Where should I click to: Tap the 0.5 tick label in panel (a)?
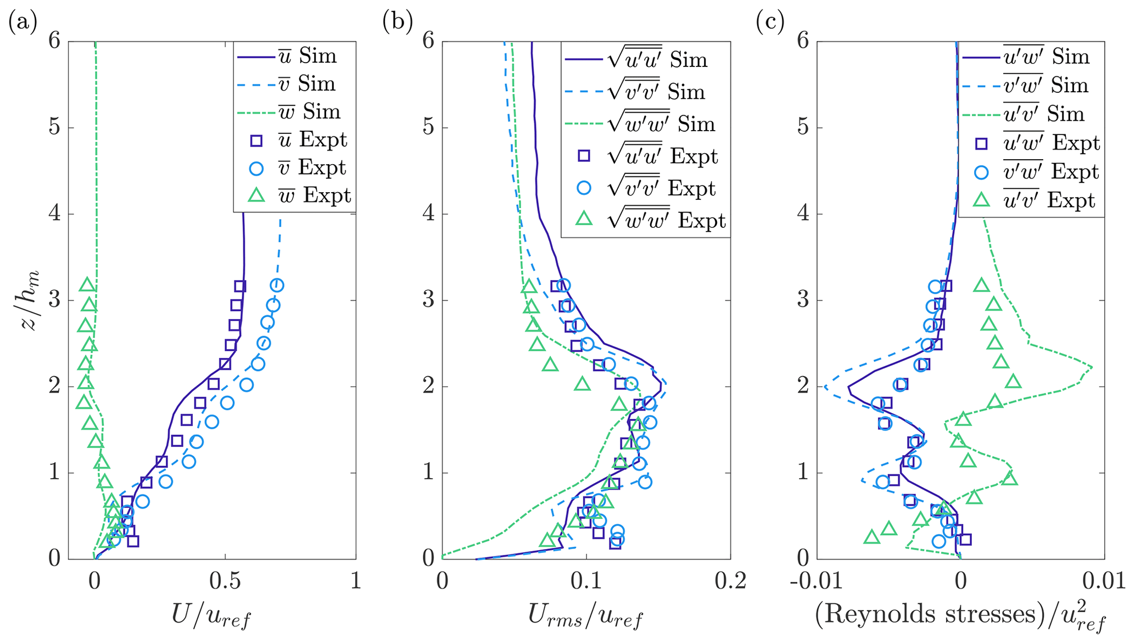[225, 580]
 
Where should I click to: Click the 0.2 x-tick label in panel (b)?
[730, 580]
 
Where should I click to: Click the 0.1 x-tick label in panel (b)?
[586, 580]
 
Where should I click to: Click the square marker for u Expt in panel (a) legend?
[256, 141]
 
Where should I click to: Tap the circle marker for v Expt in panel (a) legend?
[256, 169]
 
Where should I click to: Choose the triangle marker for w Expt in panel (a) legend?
[256, 196]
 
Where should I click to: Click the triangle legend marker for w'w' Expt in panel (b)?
[584, 220]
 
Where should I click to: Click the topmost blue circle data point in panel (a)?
[277, 285]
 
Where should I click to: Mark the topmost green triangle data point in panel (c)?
[981, 285]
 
